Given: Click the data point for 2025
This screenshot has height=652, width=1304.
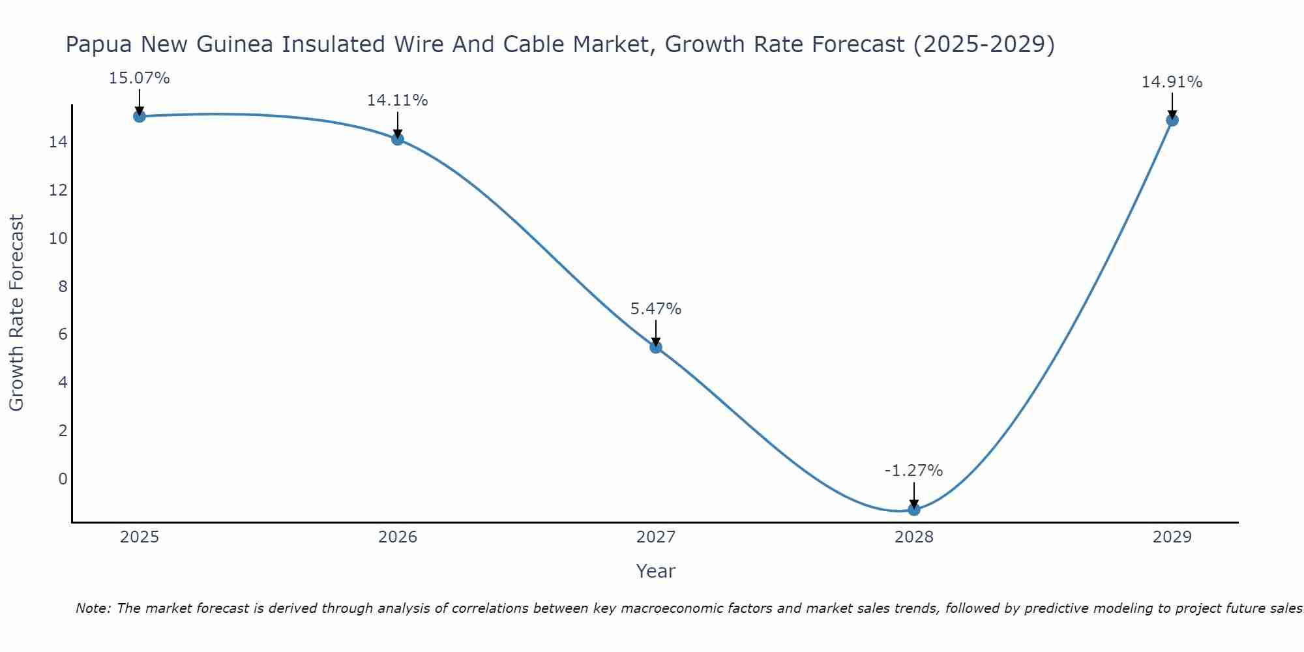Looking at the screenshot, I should pyautogui.click(x=140, y=116).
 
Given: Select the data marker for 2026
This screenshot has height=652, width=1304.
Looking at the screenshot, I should pyautogui.click(x=398, y=139).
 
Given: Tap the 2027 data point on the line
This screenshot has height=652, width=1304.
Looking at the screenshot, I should pyautogui.click(x=656, y=347).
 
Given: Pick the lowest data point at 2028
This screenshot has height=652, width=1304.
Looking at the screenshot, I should pyautogui.click(x=914, y=509).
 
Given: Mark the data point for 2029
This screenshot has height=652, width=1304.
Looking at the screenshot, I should pyautogui.click(x=1172, y=120).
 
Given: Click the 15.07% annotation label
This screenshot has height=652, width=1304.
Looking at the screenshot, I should pyautogui.click(x=140, y=78).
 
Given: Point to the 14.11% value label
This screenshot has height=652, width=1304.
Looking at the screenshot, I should pyautogui.click(x=398, y=100).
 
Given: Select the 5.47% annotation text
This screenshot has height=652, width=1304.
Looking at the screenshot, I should pyautogui.click(x=656, y=309).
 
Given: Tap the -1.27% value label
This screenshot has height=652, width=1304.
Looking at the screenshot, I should pyautogui.click(x=914, y=471).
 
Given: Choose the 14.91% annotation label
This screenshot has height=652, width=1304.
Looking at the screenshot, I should pyautogui.click(x=1172, y=82).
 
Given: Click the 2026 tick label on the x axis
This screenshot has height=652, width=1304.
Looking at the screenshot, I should pyautogui.click(x=398, y=537).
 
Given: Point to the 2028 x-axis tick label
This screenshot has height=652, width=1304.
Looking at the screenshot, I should pyautogui.click(x=914, y=537).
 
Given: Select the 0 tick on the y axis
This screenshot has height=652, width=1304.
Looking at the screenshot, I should pyautogui.click(x=63, y=479).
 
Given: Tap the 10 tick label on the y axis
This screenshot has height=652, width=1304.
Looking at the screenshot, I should pyautogui.click(x=59, y=239).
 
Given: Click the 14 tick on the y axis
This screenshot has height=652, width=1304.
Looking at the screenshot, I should pyautogui.click(x=59, y=142).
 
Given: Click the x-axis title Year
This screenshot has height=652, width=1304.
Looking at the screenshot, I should pyautogui.click(x=656, y=571).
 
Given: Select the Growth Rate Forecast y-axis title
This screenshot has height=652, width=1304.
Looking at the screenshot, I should pyautogui.click(x=17, y=313).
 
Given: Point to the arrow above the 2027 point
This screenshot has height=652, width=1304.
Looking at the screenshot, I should pyautogui.click(x=656, y=333).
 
